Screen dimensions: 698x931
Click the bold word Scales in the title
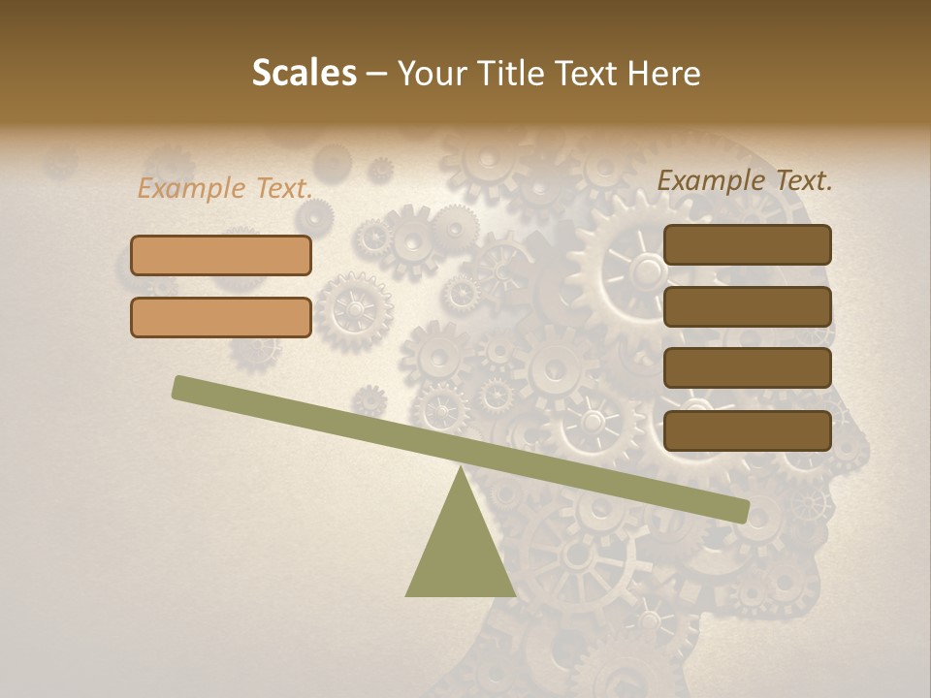point(305,74)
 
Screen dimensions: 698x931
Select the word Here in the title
point(664,74)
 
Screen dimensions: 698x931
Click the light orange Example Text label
point(225,189)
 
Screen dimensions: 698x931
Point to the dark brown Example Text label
point(745,180)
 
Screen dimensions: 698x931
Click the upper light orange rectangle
point(221,255)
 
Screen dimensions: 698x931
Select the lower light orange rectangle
point(221,317)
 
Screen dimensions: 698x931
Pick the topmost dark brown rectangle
point(747,244)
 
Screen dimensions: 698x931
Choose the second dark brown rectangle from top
point(747,306)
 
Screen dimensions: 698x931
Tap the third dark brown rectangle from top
point(747,367)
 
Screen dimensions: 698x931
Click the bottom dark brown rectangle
point(747,429)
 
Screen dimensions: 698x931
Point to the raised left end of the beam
point(181,388)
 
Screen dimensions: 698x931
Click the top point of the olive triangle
point(460,467)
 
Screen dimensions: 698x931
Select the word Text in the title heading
point(588,74)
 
